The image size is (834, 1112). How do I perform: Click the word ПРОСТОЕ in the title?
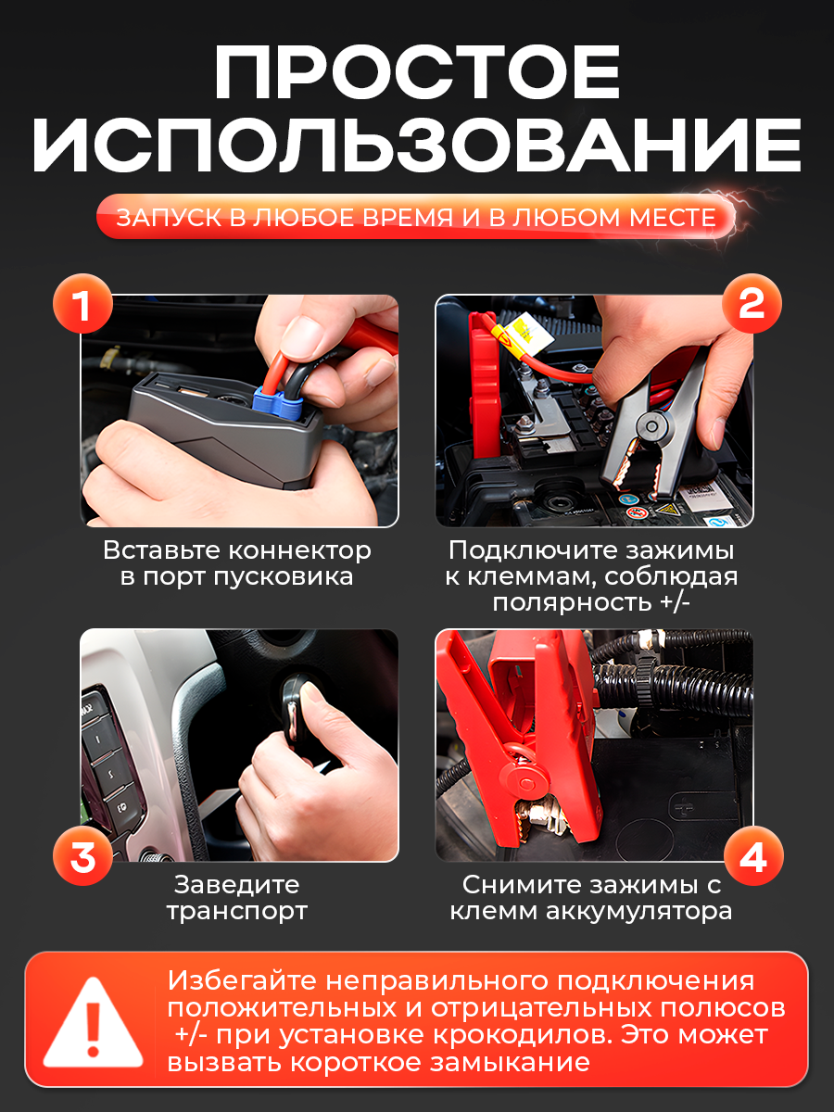pyautogui.click(x=417, y=72)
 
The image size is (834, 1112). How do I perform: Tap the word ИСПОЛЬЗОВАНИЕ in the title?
pyautogui.click(x=417, y=145)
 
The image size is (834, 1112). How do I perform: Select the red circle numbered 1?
pyautogui.click(x=82, y=303)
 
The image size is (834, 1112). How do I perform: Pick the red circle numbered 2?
pyautogui.click(x=752, y=303)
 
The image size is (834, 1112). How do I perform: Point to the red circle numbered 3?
pyautogui.click(x=82, y=855)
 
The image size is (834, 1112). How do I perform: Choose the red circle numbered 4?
pyautogui.click(x=753, y=855)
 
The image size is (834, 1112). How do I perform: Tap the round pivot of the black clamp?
pyautogui.click(x=651, y=425)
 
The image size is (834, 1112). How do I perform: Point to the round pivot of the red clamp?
pyautogui.click(x=526, y=783)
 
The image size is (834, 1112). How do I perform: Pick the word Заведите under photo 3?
pyautogui.click(x=236, y=886)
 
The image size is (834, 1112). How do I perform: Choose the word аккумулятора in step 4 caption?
pyautogui.click(x=639, y=912)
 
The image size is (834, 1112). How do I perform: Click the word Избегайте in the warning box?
pyautogui.click(x=242, y=981)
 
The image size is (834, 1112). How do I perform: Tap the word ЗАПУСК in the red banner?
pyautogui.click(x=170, y=218)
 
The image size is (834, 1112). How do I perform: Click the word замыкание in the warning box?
pyautogui.click(x=510, y=1063)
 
